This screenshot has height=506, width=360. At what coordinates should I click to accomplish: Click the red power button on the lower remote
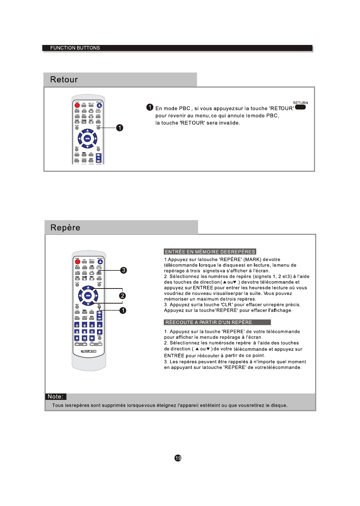tap(77, 262)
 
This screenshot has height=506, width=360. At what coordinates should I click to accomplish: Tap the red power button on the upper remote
tap(77, 105)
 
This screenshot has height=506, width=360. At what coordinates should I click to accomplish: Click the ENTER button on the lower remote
tap(88, 296)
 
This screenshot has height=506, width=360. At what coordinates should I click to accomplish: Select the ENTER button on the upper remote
tap(88, 139)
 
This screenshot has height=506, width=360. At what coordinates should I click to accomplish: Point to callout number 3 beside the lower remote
tap(123, 270)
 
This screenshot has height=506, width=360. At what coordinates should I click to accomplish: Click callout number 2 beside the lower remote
tap(122, 296)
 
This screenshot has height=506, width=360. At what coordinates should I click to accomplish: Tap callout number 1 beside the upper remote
tap(120, 128)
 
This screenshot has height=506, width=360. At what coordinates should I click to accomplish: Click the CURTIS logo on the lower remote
tap(89, 351)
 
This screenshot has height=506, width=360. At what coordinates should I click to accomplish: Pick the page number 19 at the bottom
tap(178, 458)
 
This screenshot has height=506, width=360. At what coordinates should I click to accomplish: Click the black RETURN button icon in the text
tap(300, 107)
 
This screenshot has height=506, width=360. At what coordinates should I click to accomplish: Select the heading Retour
tap(64, 80)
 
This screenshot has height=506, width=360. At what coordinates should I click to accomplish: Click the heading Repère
tap(65, 228)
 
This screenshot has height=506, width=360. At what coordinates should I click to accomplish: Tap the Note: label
tap(55, 396)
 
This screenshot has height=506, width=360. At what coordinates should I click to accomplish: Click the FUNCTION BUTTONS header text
tap(75, 48)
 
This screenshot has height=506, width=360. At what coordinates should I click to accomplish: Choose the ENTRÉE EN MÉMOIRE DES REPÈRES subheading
tap(210, 252)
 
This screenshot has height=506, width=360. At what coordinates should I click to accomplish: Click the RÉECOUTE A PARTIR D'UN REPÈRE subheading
tap(209, 322)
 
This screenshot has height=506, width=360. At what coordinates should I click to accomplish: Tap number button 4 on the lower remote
tap(99, 325)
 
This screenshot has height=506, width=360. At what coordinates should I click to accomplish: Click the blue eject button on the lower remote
tap(100, 262)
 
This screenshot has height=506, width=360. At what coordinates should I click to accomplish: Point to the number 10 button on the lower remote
tap(85, 338)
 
